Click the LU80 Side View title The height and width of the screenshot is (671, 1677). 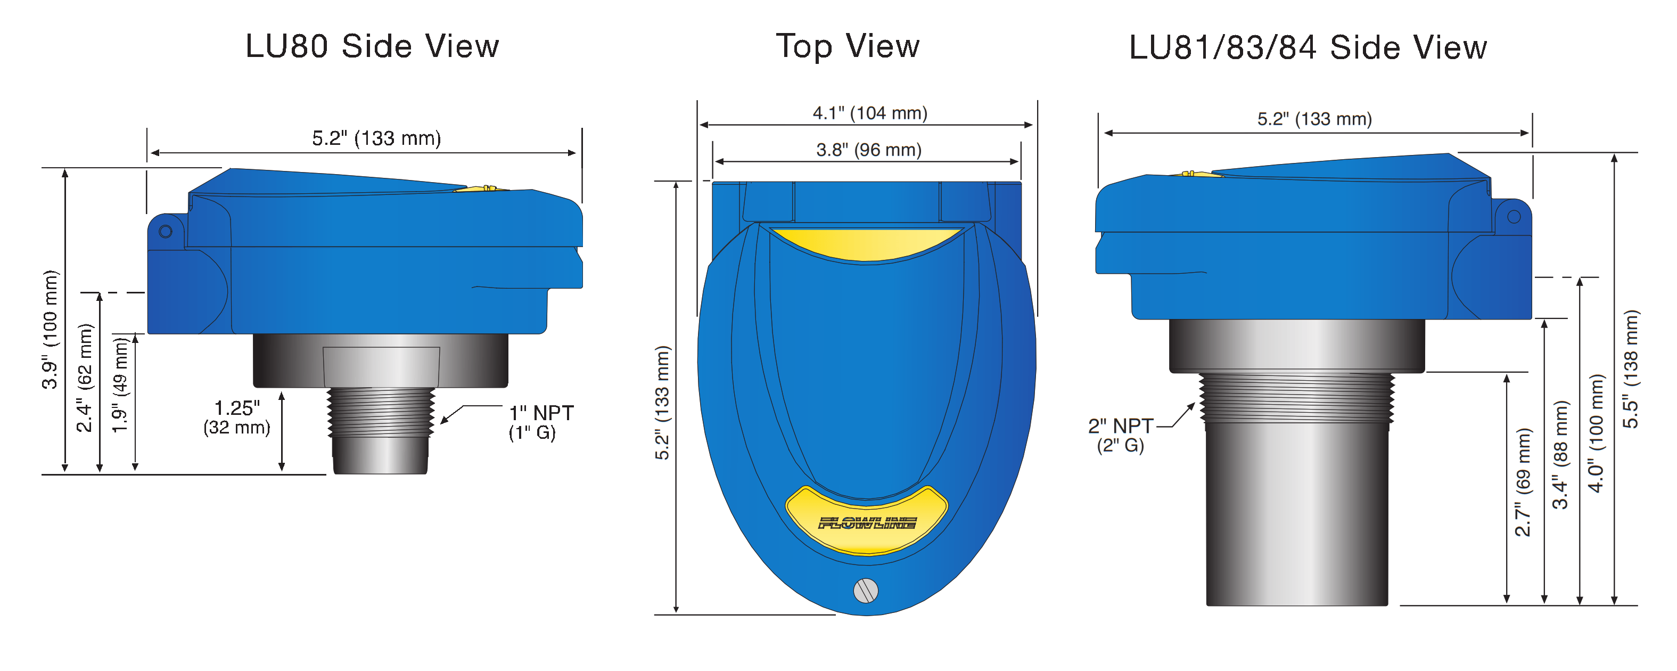pyautogui.click(x=372, y=46)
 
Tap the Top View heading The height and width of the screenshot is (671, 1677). pyautogui.click(x=847, y=46)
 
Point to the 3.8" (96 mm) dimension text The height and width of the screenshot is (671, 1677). pyautogui.click(x=868, y=150)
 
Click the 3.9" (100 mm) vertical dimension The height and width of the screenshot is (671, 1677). pyautogui.click(x=50, y=330)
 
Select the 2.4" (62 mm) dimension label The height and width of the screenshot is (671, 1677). pyautogui.click(x=85, y=378)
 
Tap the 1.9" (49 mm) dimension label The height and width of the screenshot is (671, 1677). pyautogui.click(x=120, y=384)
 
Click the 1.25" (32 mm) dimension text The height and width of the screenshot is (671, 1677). pyautogui.click(x=236, y=417)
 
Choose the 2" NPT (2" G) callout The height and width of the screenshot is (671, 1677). pyautogui.click(x=1120, y=435)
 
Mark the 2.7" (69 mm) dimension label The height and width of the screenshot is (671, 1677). pyautogui.click(x=1523, y=482)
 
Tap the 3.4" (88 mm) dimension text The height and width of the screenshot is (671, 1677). pyautogui.click(x=1560, y=455)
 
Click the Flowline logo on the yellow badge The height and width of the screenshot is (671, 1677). pyautogui.click(x=867, y=523)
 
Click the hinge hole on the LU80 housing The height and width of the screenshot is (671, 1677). pyautogui.click(x=166, y=231)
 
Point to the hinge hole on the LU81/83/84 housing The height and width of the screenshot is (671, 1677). pyautogui.click(x=1514, y=216)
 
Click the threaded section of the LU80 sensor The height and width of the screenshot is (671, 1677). pyautogui.click(x=381, y=411)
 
